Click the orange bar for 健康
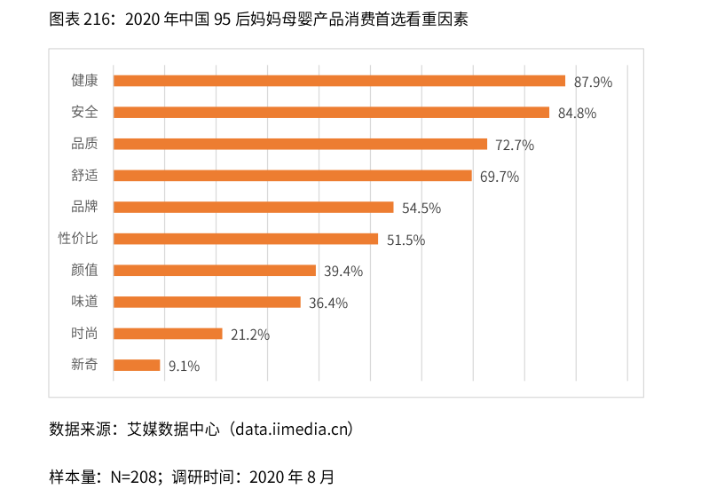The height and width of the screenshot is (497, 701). click(339, 81)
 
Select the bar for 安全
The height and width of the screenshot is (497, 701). click(331, 113)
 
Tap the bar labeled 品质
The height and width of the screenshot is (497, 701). click(300, 144)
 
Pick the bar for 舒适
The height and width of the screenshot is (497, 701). click(293, 176)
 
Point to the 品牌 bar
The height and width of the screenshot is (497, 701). click(254, 208)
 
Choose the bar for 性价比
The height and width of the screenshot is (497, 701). click(246, 239)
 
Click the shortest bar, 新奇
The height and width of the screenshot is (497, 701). click(137, 365)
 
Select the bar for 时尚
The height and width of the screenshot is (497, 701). click(168, 334)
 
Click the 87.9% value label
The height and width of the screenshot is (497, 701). click(593, 82)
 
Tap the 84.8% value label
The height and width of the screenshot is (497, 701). click(577, 114)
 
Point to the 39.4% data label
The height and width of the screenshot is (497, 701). click(343, 272)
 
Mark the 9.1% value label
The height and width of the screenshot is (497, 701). click(184, 366)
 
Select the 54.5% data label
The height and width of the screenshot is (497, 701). click(421, 209)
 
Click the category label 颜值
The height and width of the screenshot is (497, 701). click(84, 270)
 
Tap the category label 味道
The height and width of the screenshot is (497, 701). click(84, 302)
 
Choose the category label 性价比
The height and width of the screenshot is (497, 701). click(78, 239)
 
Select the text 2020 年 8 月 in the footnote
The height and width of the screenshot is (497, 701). click(292, 477)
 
